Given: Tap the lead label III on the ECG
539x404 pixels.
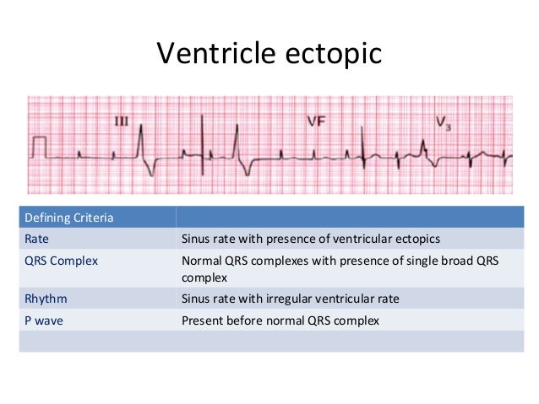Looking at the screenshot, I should click(121, 121).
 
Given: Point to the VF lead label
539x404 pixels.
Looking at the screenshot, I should click(316, 121).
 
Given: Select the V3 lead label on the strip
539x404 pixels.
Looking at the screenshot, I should click(443, 122).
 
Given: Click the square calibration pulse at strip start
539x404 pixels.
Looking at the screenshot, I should click(38, 149).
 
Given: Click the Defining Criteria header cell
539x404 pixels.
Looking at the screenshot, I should click(68, 218).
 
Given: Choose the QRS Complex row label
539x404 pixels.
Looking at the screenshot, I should click(60, 260).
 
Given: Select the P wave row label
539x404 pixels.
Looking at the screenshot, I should click(44, 320).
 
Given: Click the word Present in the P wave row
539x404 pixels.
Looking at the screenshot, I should click(203, 320).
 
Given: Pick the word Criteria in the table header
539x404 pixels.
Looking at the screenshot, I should click(91, 218).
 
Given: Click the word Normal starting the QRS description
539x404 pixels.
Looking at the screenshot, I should click(203, 260).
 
